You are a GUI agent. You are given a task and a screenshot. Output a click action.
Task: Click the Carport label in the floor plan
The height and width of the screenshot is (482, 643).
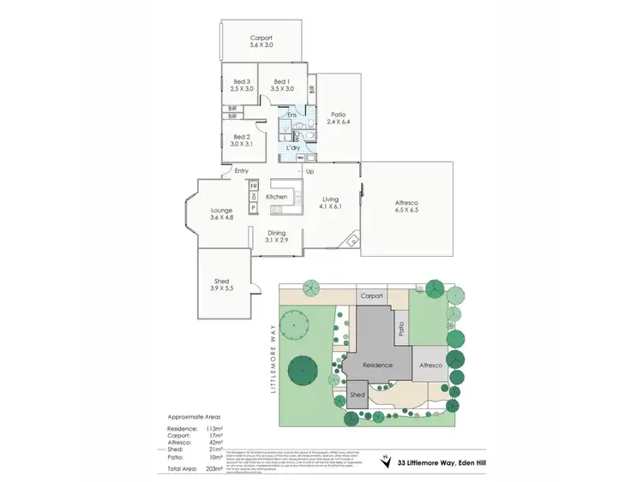[x=261, y=39]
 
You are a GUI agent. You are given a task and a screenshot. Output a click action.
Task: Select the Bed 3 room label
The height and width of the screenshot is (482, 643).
[x=243, y=81]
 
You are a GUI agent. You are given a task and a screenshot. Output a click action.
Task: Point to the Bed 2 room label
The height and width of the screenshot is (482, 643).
[x=243, y=137]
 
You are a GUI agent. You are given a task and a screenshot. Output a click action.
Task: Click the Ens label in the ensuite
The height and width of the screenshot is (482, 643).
[x=291, y=115]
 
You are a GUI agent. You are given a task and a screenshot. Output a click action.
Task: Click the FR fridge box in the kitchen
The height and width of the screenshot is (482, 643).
[x=254, y=185]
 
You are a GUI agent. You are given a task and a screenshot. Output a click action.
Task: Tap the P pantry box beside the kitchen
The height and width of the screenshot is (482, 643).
[x=254, y=207]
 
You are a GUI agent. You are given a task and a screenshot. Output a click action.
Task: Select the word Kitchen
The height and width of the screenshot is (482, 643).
[x=277, y=197]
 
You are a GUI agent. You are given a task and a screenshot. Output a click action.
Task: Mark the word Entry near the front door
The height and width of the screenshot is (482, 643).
[x=241, y=171]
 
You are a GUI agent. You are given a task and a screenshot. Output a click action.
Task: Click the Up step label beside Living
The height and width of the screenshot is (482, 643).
[x=310, y=172]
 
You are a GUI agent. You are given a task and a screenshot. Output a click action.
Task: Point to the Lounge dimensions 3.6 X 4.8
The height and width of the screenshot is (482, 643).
[x=222, y=217]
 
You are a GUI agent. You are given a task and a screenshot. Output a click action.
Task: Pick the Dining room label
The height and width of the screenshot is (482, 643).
[x=276, y=234]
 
